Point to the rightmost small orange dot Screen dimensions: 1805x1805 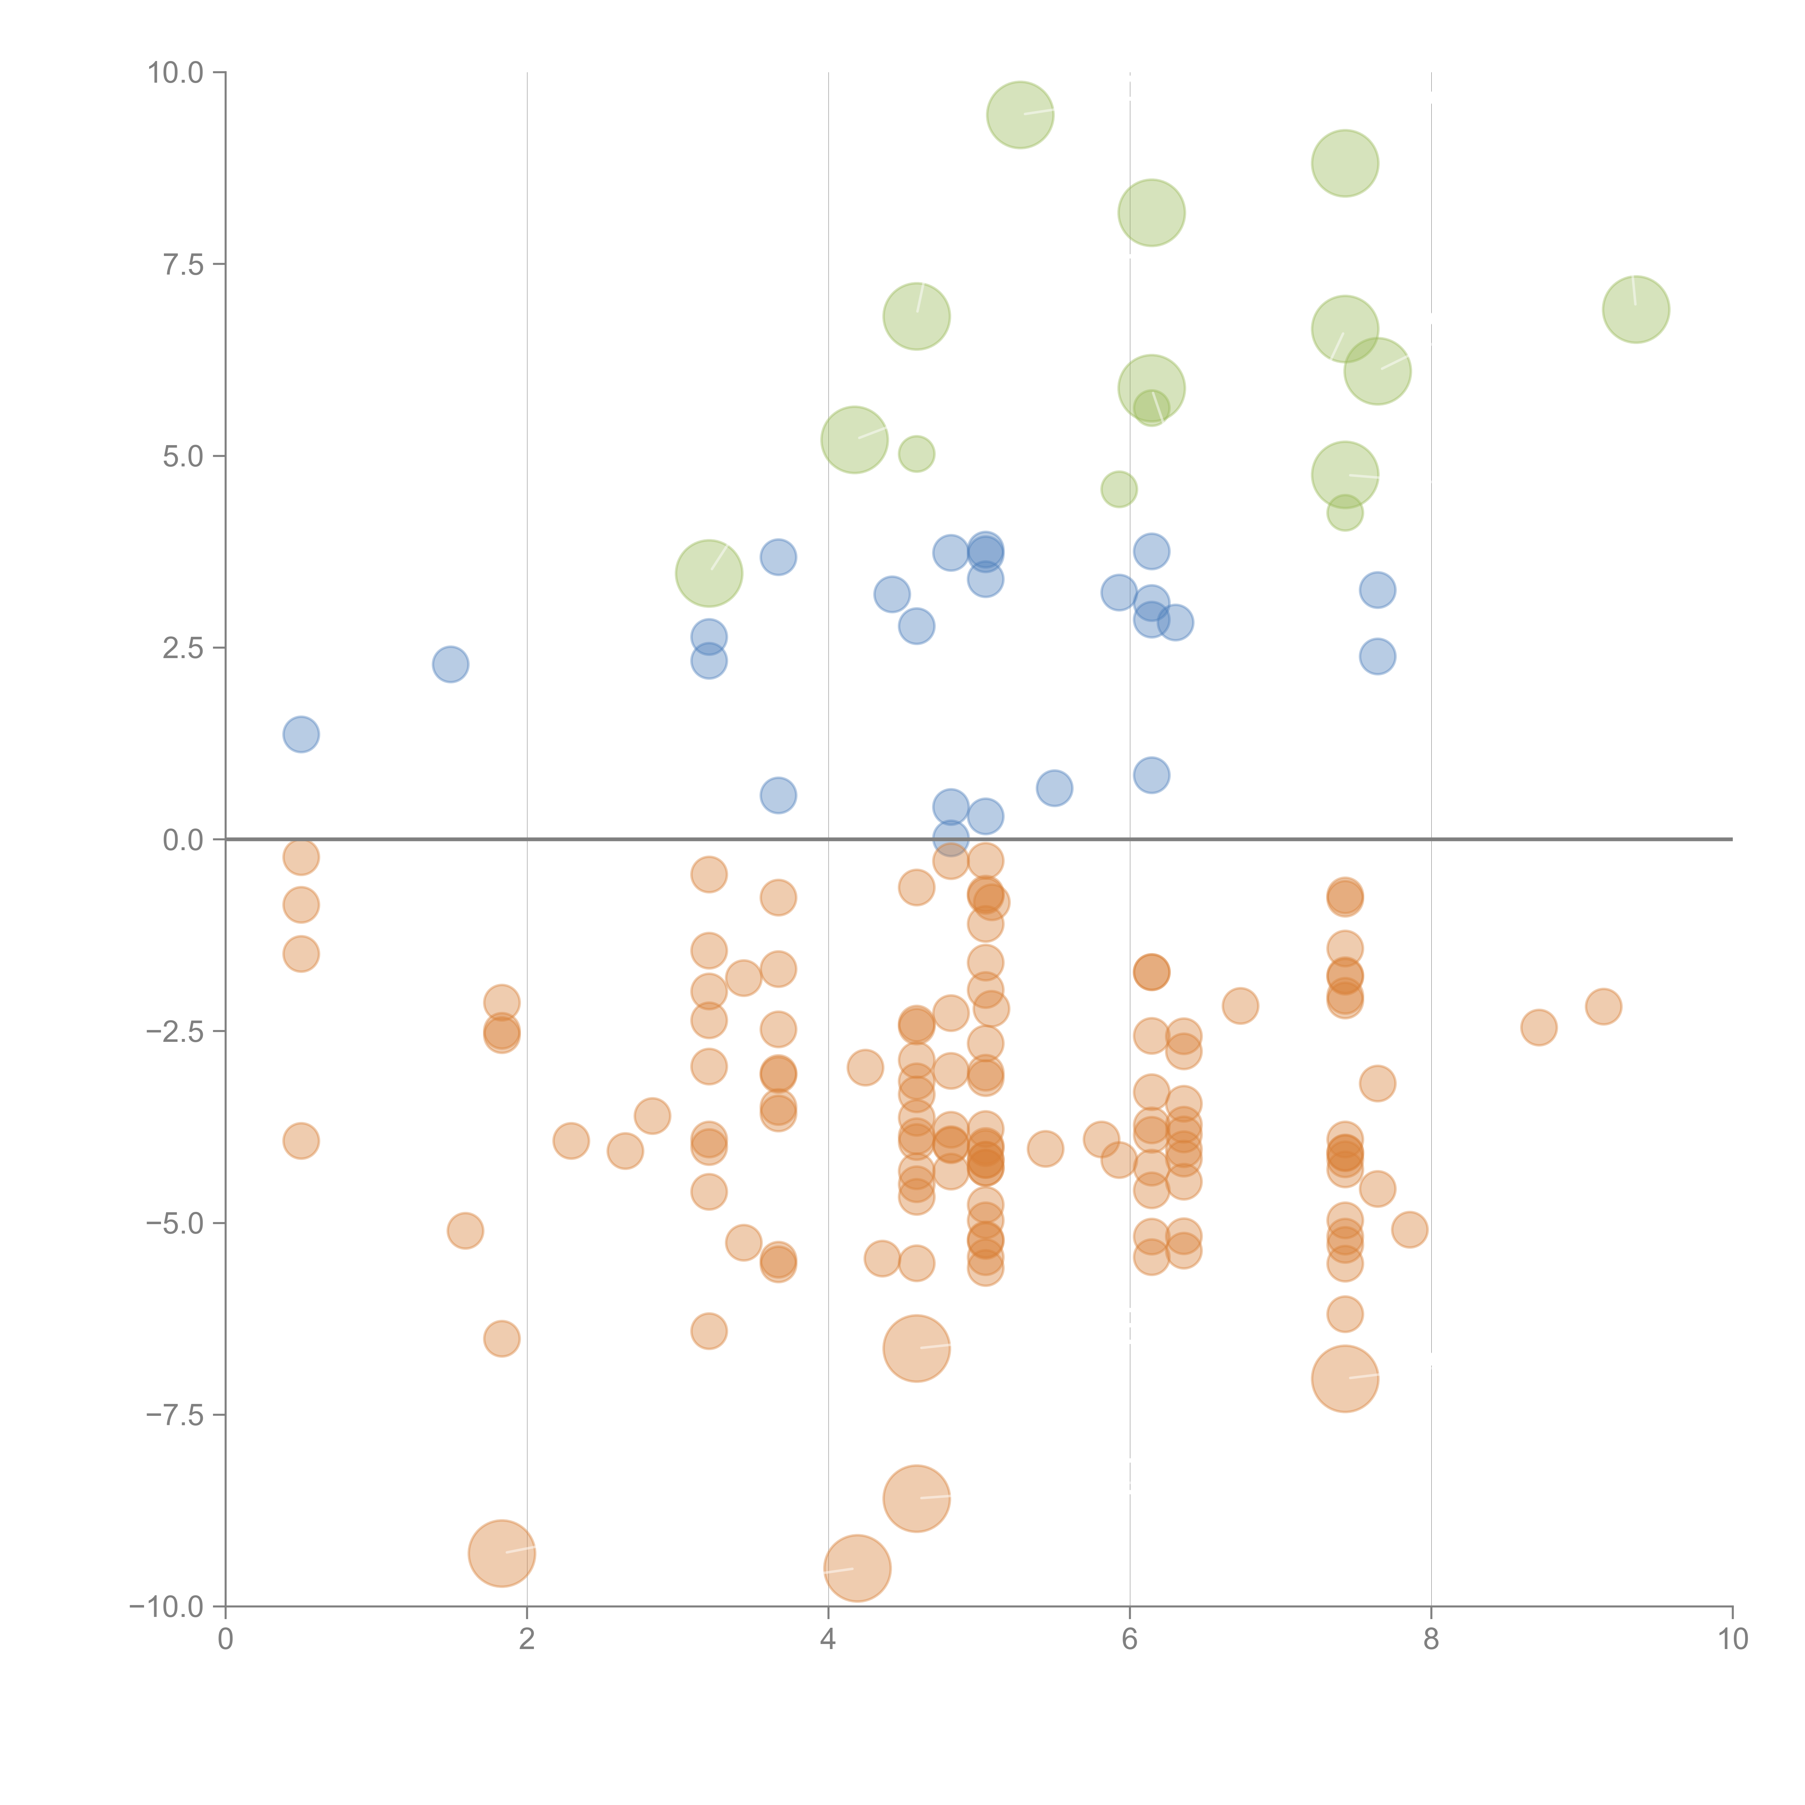point(1603,1006)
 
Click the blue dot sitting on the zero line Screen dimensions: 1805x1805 point(950,838)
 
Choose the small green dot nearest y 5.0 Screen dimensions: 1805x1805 point(917,454)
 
